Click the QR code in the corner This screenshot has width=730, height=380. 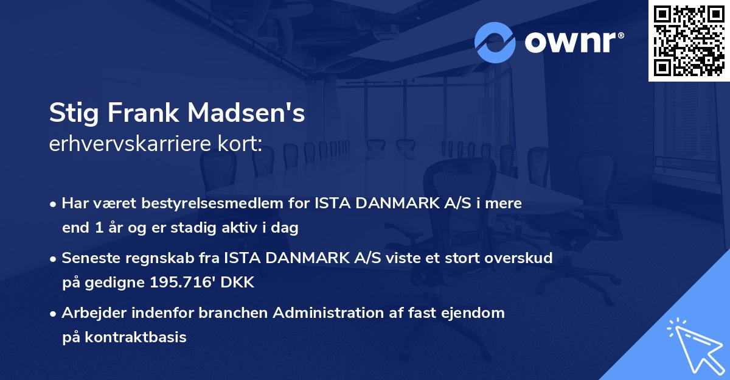point(689,41)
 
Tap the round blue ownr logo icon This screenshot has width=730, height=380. point(495,42)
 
